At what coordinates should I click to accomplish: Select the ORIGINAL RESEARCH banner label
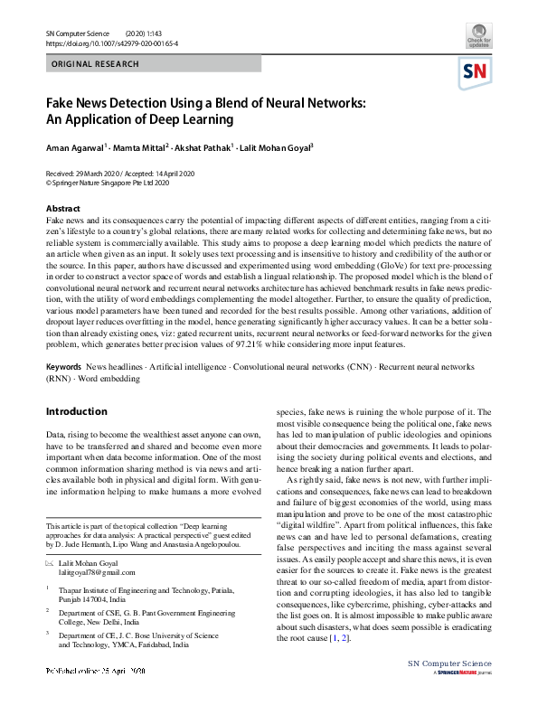coord(96,64)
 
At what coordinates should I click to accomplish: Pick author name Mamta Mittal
coord(143,147)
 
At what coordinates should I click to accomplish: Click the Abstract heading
coord(62,209)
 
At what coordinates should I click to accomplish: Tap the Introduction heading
coord(77,411)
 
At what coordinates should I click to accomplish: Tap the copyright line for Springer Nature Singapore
coord(108,182)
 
